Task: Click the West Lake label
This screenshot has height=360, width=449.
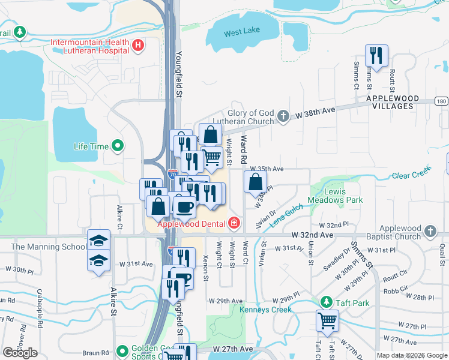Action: (x=241, y=34)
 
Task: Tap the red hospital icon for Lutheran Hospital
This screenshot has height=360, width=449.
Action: (x=139, y=44)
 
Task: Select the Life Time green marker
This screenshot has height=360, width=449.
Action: (x=118, y=146)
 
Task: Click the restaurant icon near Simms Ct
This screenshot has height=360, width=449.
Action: (x=376, y=56)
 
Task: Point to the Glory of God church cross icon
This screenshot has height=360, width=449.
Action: (x=284, y=117)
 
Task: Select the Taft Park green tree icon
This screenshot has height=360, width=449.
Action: (x=326, y=302)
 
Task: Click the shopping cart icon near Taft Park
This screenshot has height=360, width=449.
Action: (x=327, y=320)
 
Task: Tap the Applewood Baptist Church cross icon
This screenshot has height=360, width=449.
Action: (x=429, y=232)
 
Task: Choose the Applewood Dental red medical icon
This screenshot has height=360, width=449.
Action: (x=234, y=224)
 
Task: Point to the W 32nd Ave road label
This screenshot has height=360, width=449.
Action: (x=312, y=235)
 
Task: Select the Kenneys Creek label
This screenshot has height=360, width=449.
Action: (x=265, y=310)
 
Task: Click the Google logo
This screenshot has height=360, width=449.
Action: (x=20, y=352)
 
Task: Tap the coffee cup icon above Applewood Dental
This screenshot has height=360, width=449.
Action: (x=184, y=207)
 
